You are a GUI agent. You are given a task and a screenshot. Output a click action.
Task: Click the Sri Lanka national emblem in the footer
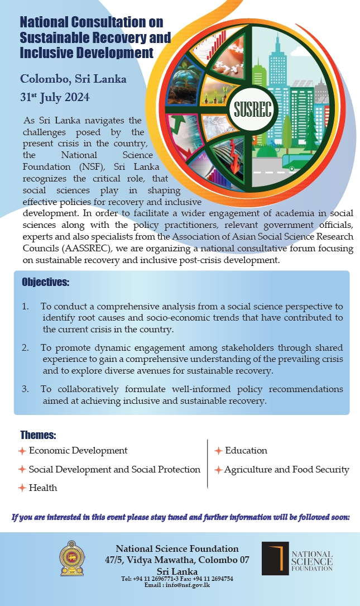pyautogui.click(x=72, y=559)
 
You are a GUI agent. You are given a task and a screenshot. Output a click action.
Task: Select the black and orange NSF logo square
pyautogui.click(x=275, y=559)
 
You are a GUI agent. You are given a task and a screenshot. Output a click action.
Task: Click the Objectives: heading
pyautogui.click(x=45, y=282)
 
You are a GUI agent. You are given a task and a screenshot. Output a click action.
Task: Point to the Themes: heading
pyautogui.click(x=38, y=435)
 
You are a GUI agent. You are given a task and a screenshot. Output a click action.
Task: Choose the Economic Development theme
pyautogui.click(x=78, y=451)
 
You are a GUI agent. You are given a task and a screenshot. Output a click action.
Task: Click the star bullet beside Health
pyautogui.click(x=22, y=488)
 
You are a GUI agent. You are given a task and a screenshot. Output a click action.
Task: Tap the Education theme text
pyautogui.click(x=246, y=451)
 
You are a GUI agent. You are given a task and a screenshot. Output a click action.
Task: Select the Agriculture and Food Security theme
pyautogui.click(x=286, y=470)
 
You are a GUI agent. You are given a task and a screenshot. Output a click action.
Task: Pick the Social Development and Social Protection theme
pyautogui.click(x=114, y=470)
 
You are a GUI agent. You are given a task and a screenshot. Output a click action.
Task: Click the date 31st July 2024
pyautogui.click(x=54, y=97)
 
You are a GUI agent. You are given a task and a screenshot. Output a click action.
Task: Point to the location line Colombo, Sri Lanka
pyautogui.click(x=73, y=79)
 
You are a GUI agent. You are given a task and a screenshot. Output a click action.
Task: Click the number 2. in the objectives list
pyautogui.click(x=26, y=348)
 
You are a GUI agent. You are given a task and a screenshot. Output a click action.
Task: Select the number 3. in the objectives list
pyautogui.click(x=26, y=389)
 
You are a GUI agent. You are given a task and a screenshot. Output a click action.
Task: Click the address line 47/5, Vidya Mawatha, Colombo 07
pyautogui.click(x=177, y=560)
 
